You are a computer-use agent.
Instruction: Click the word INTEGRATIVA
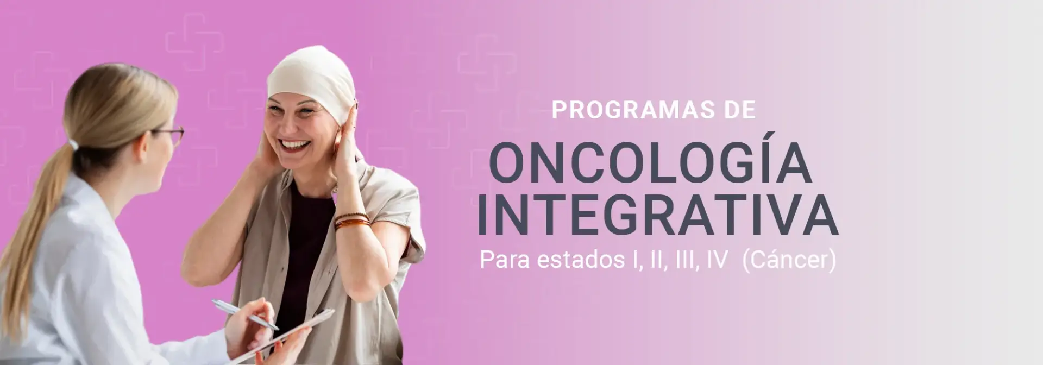pos(657,214)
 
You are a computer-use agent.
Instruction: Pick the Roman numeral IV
pos(717,260)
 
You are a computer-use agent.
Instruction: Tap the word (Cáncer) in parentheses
pos(789,260)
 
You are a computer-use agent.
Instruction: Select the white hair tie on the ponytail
pos(73,144)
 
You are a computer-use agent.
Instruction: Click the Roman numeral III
pos(687,260)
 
